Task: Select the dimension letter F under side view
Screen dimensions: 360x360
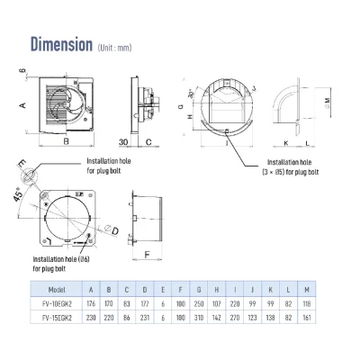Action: coord(146,254)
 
